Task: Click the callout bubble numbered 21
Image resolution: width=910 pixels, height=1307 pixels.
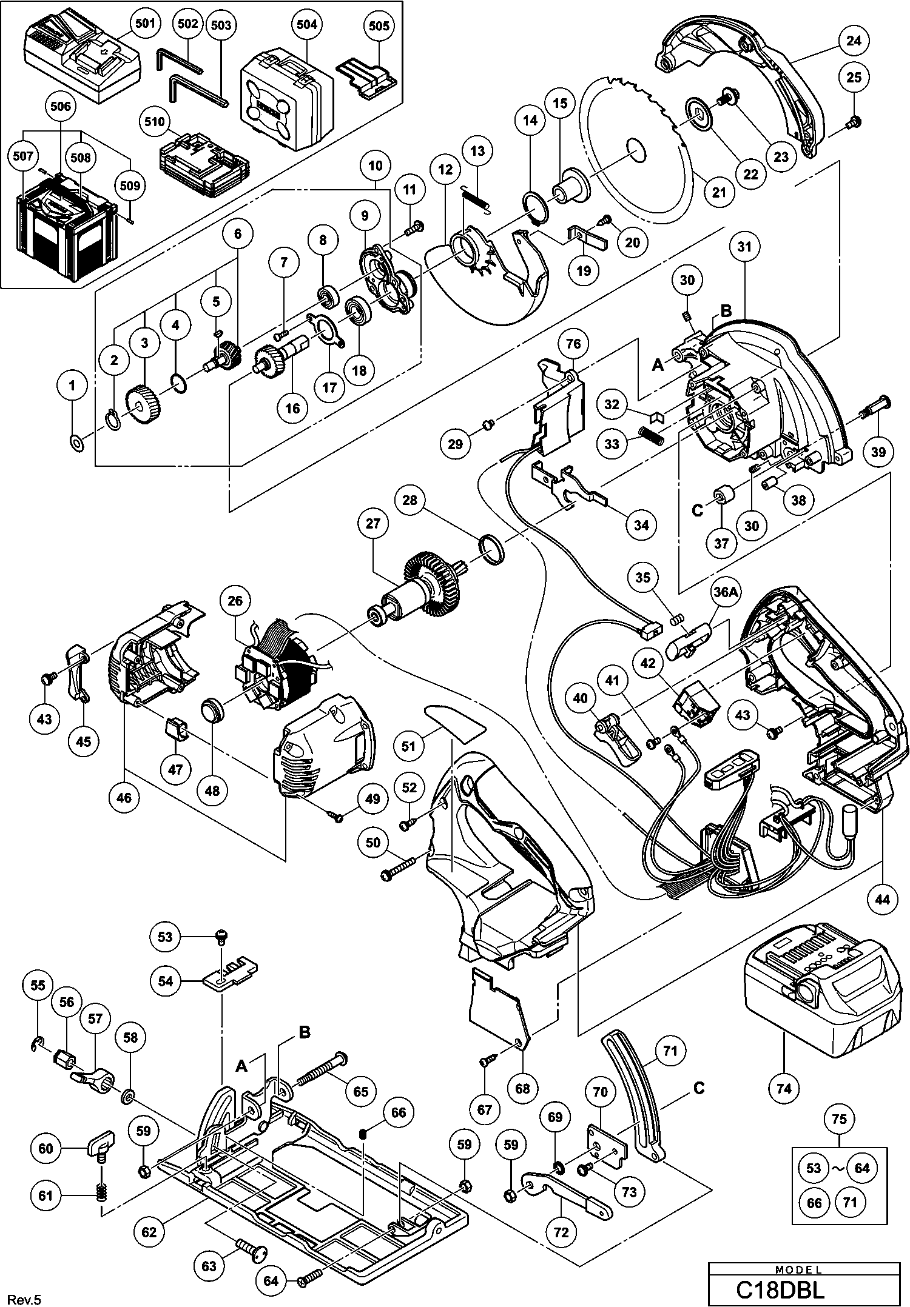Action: [719, 193]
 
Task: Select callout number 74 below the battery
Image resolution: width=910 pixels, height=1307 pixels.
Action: [784, 1088]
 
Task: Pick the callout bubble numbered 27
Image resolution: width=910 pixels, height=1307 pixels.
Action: [372, 523]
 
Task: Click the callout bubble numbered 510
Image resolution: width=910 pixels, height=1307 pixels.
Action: [155, 122]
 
